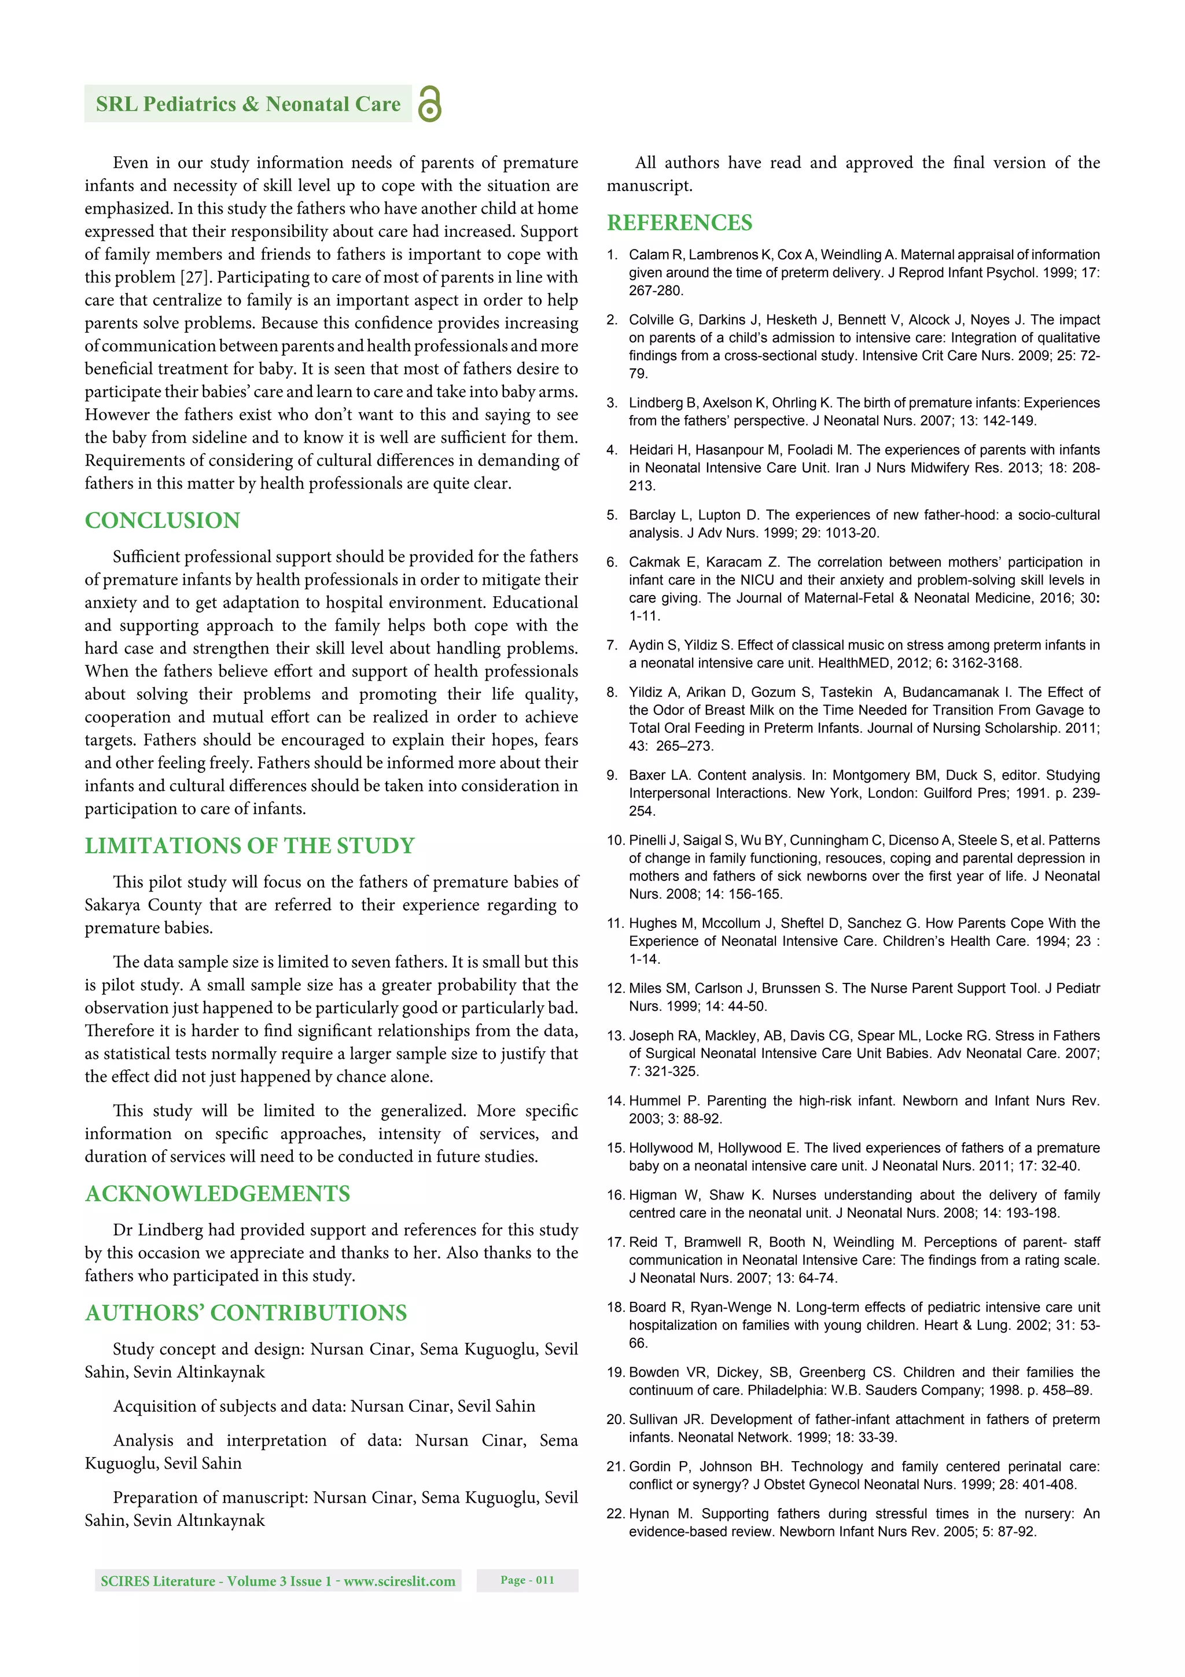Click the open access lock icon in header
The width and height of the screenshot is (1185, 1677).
(x=429, y=104)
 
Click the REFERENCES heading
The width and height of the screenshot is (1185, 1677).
(x=679, y=223)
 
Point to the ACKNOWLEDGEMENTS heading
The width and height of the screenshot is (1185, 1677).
(x=218, y=1194)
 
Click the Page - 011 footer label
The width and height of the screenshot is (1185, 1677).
(x=527, y=1580)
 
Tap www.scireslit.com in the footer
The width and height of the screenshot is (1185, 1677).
(x=399, y=1581)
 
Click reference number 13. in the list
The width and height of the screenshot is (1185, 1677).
(x=616, y=1036)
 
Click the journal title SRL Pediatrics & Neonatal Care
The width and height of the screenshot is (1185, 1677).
(x=248, y=104)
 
